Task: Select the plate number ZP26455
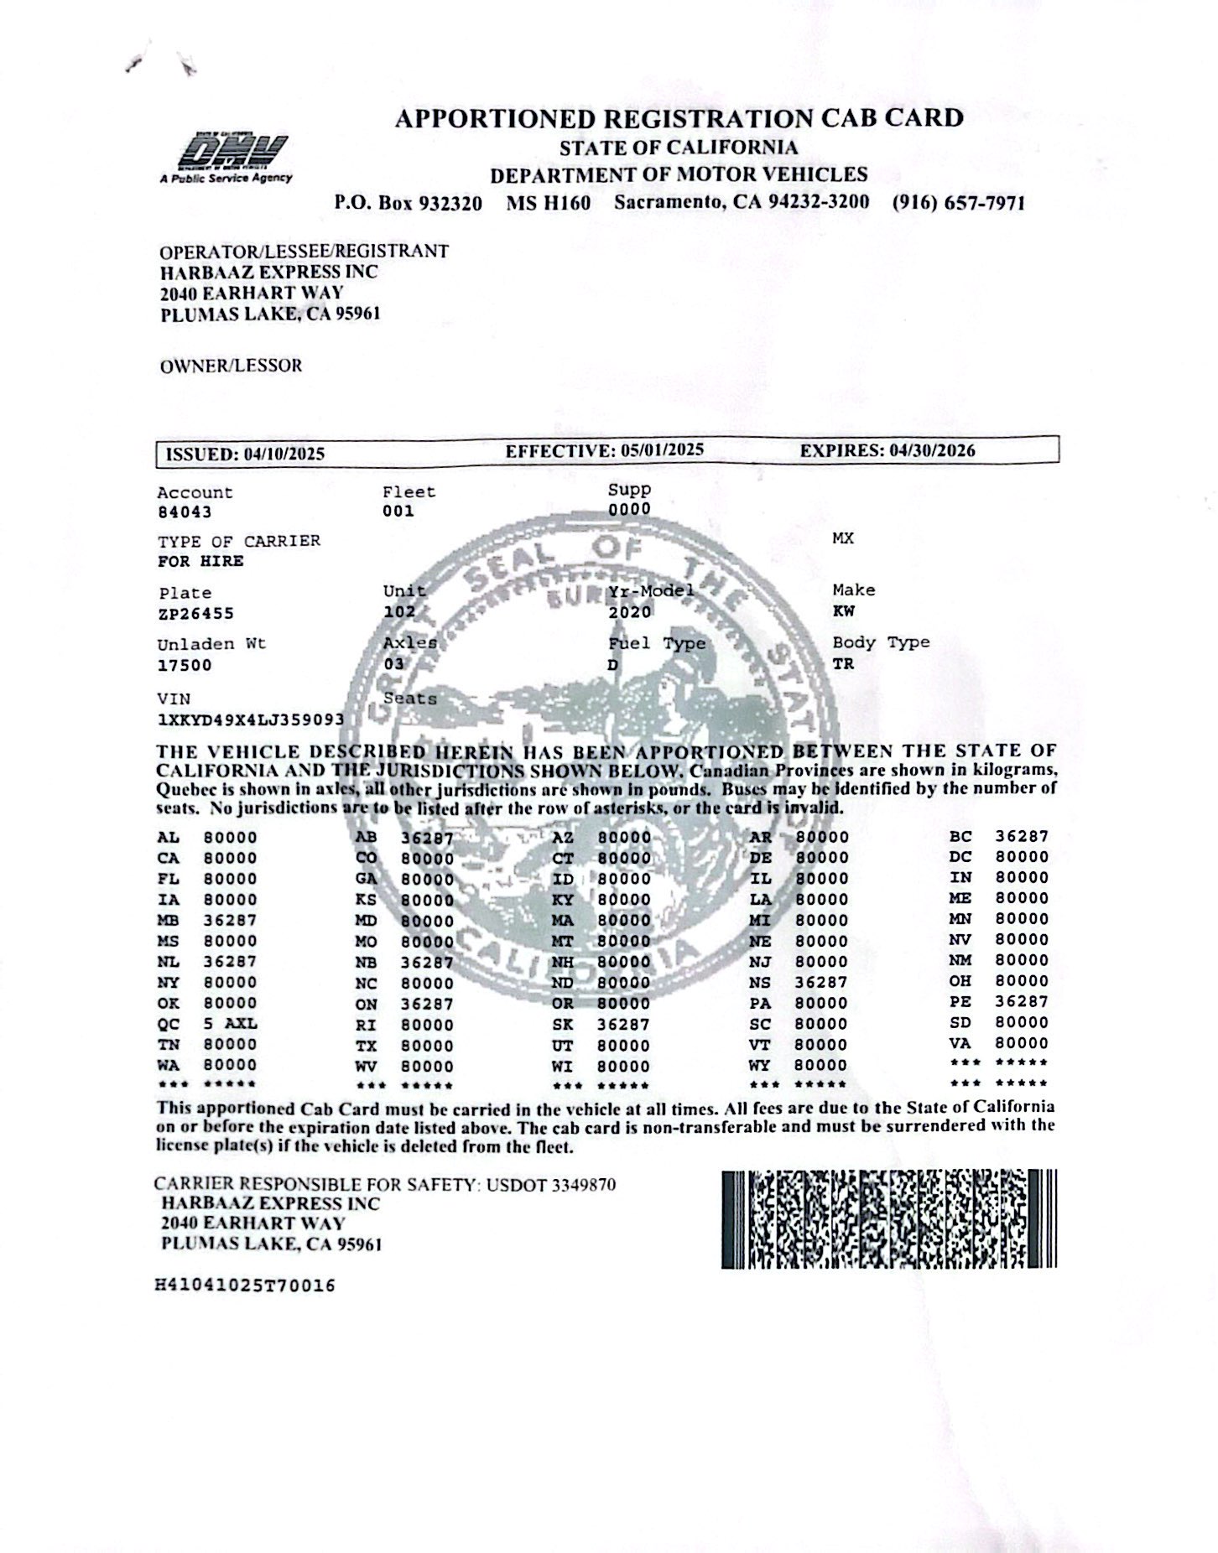[x=195, y=614]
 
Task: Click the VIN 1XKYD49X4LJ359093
[x=250, y=719]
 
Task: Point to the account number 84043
[x=185, y=512]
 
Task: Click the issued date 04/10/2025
[x=284, y=454]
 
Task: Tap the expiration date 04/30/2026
[x=933, y=450]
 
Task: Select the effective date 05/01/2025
[x=663, y=450]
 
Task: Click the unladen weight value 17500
[x=185, y=666]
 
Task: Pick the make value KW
[x=843, y=611]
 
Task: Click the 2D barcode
[x=888, y=1219]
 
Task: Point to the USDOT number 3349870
[x=583, y=1185]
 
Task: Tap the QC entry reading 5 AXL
[x=230, y=1024]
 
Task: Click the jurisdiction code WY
[x=759, y=1066]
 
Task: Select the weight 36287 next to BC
[x=1022, y=836]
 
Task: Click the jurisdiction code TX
[x=366, y=1046]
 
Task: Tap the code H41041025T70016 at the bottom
[x=246, y=1286]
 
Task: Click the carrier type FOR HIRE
[x=200, y=561]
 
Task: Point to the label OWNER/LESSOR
[x=231, y=366]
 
